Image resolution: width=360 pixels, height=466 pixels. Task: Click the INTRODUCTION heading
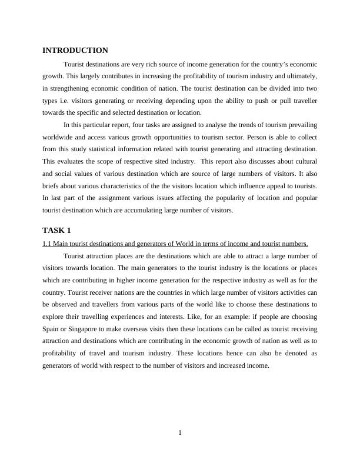click(x=75, y=51)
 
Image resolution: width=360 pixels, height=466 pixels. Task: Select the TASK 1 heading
click(x=56, y=230)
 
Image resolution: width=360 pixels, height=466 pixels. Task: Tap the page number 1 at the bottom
click(x=180, y=434)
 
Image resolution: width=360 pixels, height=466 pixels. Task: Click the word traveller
click(x=302, y=101)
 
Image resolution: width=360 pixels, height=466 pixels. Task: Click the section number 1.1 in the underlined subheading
click(x=47, y=244)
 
